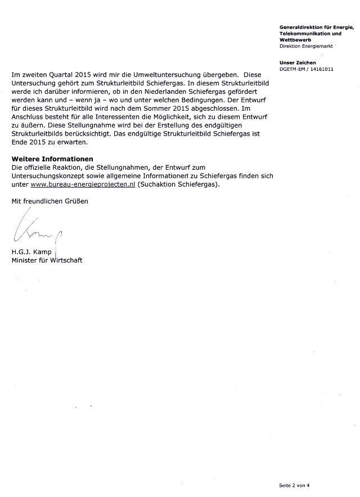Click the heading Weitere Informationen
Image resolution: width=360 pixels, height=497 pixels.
click(52, 159)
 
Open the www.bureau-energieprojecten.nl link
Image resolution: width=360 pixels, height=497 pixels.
click(83, 184)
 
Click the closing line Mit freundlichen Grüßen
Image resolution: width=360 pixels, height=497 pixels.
click(50, 201)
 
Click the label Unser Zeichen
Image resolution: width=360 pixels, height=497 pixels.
click(298, 62)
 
